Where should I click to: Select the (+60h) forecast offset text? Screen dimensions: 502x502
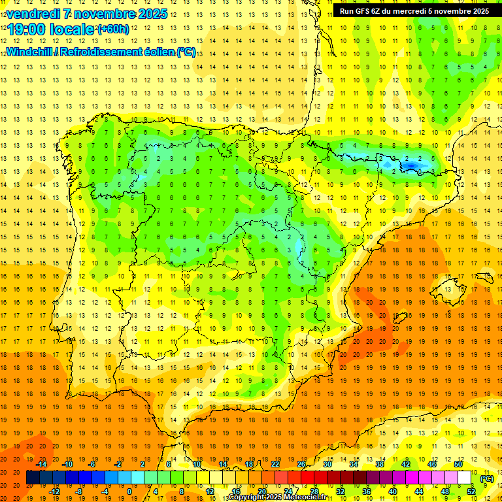click(113, 29)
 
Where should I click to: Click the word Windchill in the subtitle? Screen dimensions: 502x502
click(28, 52)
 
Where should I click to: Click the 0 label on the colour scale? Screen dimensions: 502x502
click(129, 492)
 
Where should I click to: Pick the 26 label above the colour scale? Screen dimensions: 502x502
click(301, 464)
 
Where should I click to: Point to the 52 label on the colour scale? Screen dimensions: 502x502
click(471, 492)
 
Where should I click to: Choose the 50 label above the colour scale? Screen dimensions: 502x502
click(458, 464)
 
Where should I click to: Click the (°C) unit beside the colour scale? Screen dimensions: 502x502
click(486, 478)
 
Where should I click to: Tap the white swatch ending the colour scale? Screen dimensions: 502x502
click(464, 478)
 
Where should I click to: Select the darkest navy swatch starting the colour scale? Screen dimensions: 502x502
click(33, 478)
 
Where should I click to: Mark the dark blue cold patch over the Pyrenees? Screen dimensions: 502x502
click(410, 165)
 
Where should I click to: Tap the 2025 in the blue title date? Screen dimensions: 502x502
click(153, 14)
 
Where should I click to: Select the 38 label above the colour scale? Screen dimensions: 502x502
click(379, 464)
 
